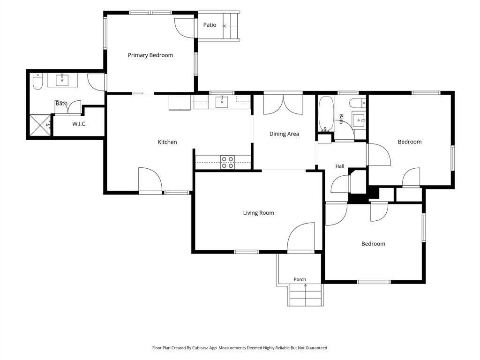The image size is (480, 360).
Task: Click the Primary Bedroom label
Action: click(150, 55)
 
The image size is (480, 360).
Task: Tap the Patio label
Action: click(210, 25)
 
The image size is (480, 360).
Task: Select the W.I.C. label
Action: click(79, 124)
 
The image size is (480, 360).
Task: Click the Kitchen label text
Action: click(167, 142)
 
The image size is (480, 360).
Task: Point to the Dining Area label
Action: click(284, 134)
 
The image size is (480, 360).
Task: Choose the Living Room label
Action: click(259, 213)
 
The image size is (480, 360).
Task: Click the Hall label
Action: click(340, 166)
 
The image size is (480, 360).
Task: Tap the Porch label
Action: click(300, 279)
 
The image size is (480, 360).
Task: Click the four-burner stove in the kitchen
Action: click(228, 162)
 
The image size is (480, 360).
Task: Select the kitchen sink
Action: click(221, 102)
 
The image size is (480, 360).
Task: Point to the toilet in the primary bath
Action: click(37, 82)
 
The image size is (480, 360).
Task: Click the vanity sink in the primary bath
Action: click(62, 80)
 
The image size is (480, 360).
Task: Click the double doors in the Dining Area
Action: click(284, 105)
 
